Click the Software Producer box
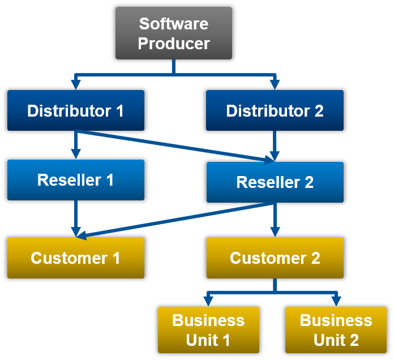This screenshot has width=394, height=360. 174,33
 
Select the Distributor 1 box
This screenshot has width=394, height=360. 76,110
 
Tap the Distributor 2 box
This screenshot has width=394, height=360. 275,110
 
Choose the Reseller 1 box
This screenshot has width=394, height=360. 76,180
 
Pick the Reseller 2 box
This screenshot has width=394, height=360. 275,182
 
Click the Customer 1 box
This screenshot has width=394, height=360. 76,258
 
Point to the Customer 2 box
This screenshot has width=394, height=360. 275,258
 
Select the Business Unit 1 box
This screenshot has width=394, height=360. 208,330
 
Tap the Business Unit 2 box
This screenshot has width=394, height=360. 336,330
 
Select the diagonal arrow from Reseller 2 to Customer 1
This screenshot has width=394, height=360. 175,219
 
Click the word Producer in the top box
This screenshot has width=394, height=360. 174,43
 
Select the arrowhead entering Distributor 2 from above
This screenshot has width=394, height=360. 275,84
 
